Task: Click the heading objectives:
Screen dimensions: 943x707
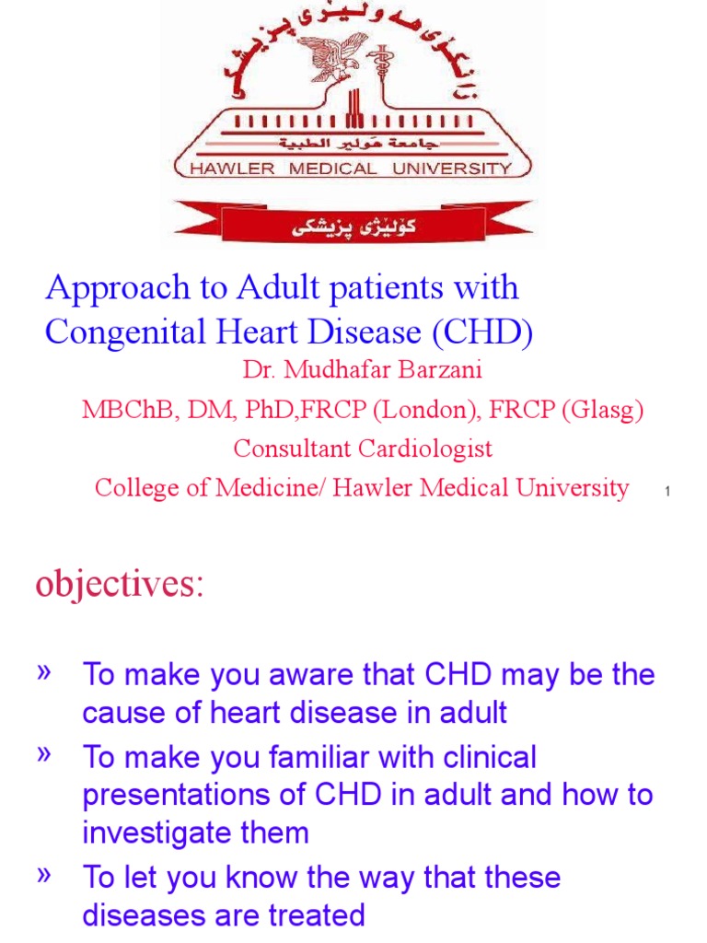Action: coord(120,584)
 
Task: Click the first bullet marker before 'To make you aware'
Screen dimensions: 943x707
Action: coord(42,673)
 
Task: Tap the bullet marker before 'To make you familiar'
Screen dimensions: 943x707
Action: coord(42,756)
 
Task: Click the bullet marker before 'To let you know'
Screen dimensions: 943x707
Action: coord(42,876)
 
